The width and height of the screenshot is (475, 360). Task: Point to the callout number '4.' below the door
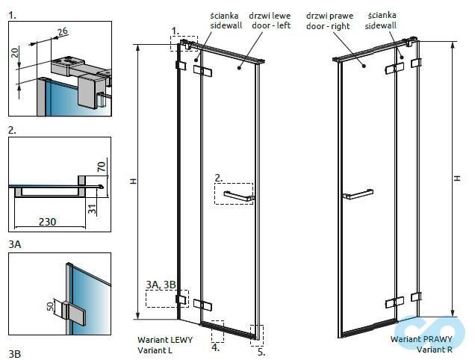tap(215, 347)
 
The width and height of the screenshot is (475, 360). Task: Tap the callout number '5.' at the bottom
tap(260, 352)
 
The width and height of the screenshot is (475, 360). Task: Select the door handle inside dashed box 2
tap(236, 196)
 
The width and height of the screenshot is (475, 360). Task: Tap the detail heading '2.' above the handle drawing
tap(12, 129)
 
